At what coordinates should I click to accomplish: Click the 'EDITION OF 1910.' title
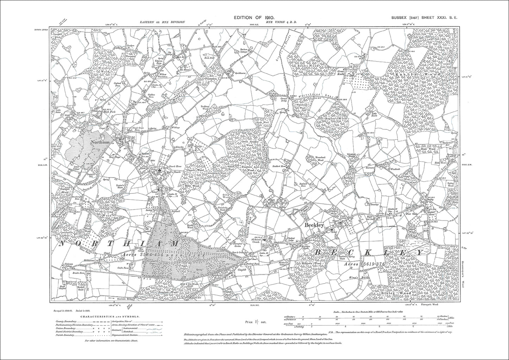(254, 17)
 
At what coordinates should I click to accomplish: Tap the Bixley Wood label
(401, 293)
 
